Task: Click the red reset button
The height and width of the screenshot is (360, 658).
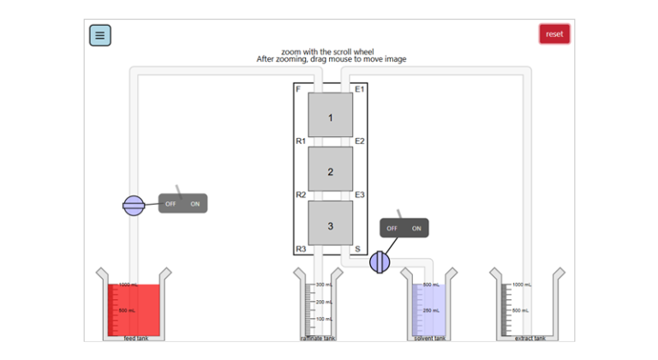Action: [554, 34]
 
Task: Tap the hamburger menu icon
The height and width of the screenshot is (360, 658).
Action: [99, 35]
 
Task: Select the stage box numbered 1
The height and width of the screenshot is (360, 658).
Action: [330, 119]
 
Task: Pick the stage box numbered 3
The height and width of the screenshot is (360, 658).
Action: [330, 226]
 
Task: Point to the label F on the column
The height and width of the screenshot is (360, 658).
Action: [298, 89]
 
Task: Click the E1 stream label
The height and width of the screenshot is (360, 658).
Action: [360, 89]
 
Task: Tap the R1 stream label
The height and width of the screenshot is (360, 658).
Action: [301, 141]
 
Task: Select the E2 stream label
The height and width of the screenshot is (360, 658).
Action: [360, 141]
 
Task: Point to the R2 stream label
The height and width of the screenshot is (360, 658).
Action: [301, 195]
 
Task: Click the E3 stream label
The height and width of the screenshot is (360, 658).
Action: [360, 195]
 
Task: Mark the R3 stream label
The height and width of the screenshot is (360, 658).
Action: [301, 249]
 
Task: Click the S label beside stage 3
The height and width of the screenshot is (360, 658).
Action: [357, 249]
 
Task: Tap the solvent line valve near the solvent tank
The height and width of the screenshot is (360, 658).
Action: [380, 262]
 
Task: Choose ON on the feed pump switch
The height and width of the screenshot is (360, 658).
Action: [194, 204]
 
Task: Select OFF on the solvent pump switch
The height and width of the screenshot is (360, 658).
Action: [392, 229]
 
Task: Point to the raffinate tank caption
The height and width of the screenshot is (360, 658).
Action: [317, 339]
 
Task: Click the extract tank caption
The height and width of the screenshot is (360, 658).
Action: [529, 339]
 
